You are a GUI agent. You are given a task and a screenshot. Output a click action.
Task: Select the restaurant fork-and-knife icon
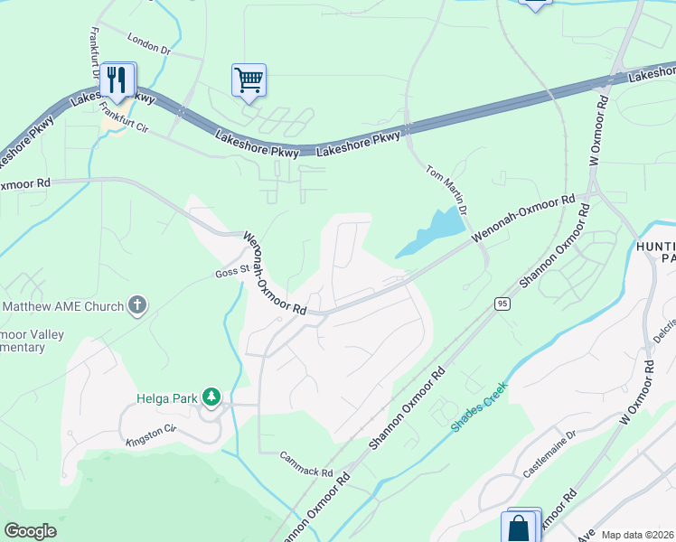[117, 80]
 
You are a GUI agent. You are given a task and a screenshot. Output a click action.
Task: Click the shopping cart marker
[249, 79]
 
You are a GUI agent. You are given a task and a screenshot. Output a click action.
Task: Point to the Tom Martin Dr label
[446, 189]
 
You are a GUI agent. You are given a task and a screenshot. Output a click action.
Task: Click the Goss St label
[231, 270]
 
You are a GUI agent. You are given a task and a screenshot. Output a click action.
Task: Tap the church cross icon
[136, 306]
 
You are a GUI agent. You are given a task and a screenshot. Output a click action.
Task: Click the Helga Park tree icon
[211, 397]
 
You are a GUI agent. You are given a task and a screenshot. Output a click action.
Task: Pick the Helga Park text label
[166, 397]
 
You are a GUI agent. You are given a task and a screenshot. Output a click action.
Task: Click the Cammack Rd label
[306, 464]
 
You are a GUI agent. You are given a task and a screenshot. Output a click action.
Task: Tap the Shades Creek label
[480, 406]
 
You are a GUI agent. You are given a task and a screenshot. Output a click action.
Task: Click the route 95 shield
[503, 304]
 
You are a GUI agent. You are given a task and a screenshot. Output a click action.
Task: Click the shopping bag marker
[520, 528]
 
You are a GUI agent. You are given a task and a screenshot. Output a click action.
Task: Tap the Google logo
[31, 531]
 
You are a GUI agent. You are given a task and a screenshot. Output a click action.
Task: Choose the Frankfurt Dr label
[94, 53]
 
